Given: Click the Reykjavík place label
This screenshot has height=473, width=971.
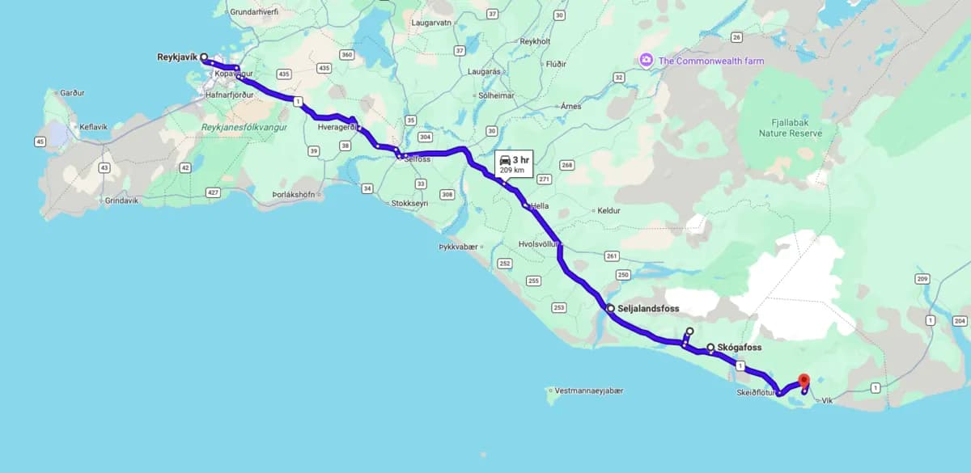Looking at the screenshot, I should pos(177,57).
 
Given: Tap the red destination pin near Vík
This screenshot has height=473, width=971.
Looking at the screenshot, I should pos(804,380).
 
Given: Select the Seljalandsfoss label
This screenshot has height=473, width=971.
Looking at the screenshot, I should pos(647,309).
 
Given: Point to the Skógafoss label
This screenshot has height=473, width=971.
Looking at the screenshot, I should pos(739,348).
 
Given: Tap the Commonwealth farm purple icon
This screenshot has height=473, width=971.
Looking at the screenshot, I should pos(646,60).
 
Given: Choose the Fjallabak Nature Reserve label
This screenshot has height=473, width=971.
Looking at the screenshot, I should pos(791,128).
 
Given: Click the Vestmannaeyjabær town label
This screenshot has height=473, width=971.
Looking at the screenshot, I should pos(589,391).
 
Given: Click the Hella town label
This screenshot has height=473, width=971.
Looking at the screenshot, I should pos(539,206).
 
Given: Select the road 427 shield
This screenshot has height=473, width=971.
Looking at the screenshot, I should pos(214,192).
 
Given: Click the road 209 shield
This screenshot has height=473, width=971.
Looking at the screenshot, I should pos(922,279).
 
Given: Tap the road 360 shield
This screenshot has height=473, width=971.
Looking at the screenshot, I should pos(347,55).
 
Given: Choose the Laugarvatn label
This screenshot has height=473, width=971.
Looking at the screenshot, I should pos(430,23).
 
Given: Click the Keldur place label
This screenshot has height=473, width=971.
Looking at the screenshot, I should pos(608,211).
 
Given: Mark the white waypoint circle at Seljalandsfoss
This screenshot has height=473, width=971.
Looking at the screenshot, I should pos(610,308).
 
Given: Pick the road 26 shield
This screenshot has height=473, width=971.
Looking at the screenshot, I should pos(736,37).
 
